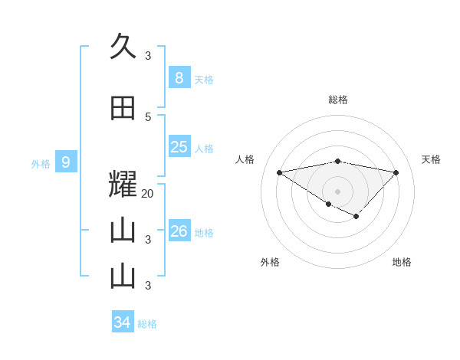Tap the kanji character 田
tap(123, 109)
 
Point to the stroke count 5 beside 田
tap(148, 117)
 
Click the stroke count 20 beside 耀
tap(148, 194)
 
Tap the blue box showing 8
tap(179, 78)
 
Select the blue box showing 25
tap(179, 147)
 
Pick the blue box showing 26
tap(179, 231)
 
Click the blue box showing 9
tap(66, 162)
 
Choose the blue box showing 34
tap(123, 322)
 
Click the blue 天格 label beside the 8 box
tap(204, 80)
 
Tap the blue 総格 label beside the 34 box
tap(147, 324)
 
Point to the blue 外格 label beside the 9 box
tap(41, 164)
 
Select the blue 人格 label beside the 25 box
tap(204, 149)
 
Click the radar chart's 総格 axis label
tap(338, 100)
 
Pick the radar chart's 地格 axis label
tap(402, 262)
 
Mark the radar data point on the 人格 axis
tap(280, 172)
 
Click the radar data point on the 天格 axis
tap(396, 172)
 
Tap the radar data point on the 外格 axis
tap(328, 204)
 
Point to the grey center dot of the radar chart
tap(337, 191)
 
